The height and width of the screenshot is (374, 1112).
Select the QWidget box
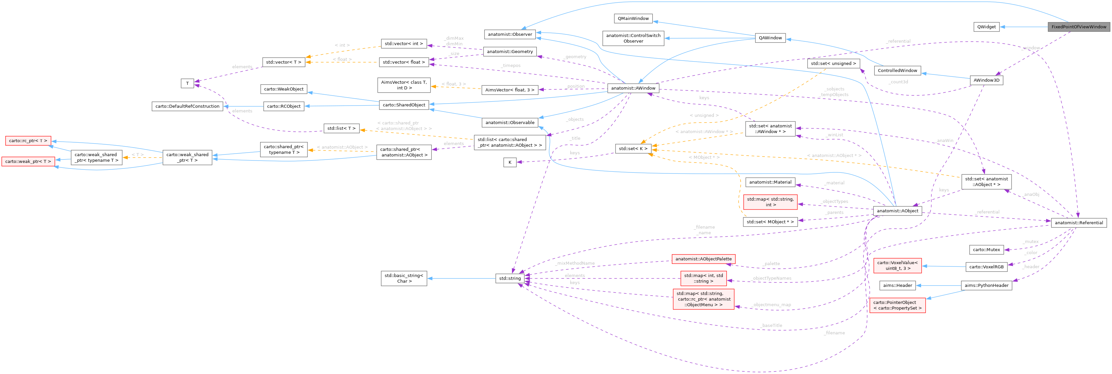[x=986, y=27]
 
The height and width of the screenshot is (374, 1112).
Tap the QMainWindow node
[x=633, y=19]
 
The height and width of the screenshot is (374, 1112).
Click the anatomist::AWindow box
[x=633, y=88]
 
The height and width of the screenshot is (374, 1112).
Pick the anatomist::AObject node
[x=898, y=211]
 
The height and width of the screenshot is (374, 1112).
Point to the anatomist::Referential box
[x=1078, y=223]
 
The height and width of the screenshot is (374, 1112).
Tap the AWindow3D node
[x=986, y=80]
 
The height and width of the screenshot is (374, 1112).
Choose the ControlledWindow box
[x=898, y=70]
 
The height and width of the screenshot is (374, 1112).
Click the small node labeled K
[x=510, y=163]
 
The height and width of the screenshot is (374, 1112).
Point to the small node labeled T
[x=187, y=83]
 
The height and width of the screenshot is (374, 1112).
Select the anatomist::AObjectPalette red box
[x=703, y=259]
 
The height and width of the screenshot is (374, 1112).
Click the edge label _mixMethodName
[x=575, y=263]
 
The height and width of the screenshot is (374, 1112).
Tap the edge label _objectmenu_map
[x=771, y=304]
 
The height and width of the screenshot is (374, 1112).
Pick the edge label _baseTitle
[x=771, y=325]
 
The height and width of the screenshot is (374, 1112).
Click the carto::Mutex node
[x=986, y=250]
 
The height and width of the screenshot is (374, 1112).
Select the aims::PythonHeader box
[x=986, y=286]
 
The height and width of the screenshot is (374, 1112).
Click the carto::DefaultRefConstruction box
[x=187, y=106]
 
